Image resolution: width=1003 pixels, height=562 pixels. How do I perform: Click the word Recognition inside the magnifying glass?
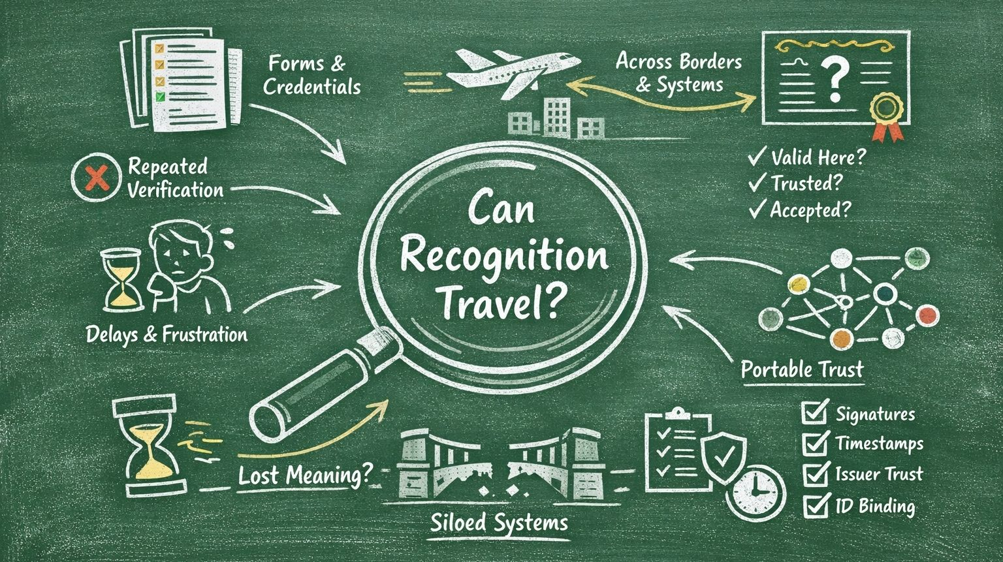pos(503,257)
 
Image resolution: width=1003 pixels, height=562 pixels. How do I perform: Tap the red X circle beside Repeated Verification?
pos(97,178)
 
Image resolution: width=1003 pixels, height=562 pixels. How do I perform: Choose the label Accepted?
pos(810,210)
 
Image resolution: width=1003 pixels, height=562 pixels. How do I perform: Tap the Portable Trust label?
pos(802,369)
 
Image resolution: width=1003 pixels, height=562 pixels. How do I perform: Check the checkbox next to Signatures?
pos(814,413)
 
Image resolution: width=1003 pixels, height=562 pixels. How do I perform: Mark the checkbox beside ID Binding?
pos(814,505)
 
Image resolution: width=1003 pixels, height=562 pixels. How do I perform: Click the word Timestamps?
pos(879,444)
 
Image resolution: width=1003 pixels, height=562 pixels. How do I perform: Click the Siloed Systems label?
pos(499,522)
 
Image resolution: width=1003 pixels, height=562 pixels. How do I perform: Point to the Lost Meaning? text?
pos(303,475)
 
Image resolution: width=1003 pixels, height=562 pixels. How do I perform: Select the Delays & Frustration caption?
pos(167,335)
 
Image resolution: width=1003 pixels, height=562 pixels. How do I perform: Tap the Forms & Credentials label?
pos(311,74)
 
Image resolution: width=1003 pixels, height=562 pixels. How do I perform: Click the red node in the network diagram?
pos(925,316)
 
